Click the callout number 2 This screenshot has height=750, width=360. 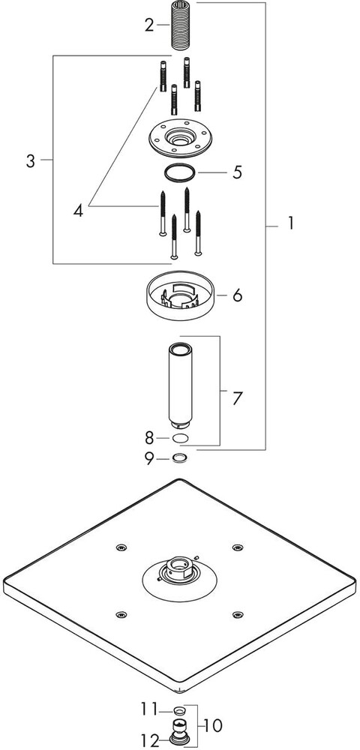(x=150, y=25)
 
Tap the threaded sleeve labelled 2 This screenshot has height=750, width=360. (x=181, y=25)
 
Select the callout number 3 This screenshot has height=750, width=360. (x=31, y=161)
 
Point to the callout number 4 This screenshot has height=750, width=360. (x=79, y=211)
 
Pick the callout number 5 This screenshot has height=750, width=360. (x=238, y=172)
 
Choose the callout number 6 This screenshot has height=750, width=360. (x=237, y=295)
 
